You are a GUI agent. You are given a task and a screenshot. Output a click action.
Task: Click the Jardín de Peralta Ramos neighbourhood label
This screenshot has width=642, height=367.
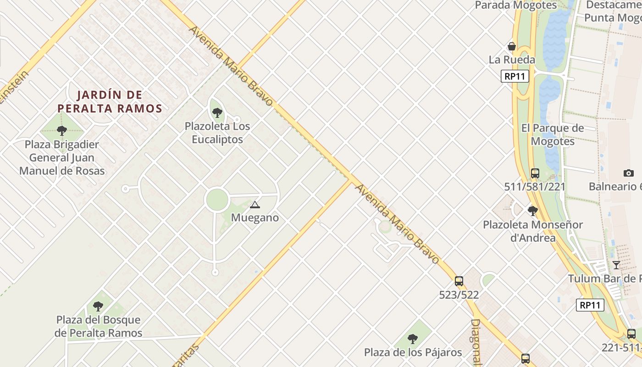coord(110,102)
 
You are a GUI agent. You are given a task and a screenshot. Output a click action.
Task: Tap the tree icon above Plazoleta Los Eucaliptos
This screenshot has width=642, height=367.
coord(217,112)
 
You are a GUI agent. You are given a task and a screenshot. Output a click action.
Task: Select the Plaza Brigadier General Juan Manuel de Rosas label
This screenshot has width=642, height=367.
coord(62,158)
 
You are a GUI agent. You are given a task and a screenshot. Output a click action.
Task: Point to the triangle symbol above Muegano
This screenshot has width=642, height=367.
coord(255,205)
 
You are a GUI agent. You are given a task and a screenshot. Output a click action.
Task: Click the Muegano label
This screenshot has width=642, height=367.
coord(255,217)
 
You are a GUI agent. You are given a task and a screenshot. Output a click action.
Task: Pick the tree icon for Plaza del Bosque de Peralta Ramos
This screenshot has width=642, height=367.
coord(98,306)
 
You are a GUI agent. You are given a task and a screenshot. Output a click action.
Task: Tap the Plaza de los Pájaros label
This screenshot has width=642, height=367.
coord(413,352)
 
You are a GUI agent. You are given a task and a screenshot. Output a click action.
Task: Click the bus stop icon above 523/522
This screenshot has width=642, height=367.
coord(459,281)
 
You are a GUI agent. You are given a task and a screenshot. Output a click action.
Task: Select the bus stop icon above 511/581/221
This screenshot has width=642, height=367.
coord(535,173)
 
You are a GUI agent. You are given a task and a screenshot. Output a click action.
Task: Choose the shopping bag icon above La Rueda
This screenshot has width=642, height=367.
coord(512,46)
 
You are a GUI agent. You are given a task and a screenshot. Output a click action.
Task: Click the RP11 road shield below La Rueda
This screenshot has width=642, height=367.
coord(515,76)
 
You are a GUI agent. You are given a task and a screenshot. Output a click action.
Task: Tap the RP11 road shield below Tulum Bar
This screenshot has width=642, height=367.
coord(590,305)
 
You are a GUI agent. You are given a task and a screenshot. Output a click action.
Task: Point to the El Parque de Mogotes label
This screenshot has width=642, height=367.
coord(553,134)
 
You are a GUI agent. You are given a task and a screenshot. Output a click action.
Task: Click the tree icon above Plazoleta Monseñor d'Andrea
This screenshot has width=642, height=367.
coord(532,211)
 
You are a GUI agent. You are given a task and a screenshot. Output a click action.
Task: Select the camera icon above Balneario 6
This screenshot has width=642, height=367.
coord(629,173)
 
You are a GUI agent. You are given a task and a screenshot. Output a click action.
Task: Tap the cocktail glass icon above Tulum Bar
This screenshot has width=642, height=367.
coord(616,265)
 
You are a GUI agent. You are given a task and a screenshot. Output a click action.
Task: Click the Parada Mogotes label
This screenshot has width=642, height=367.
coord(516,6)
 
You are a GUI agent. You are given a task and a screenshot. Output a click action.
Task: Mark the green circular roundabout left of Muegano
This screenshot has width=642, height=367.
coord(217,200)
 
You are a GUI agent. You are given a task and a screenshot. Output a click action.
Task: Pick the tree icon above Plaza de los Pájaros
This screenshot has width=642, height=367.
coord(413,339)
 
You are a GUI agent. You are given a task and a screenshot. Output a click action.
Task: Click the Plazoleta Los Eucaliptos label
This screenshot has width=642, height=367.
coord(217,133)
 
